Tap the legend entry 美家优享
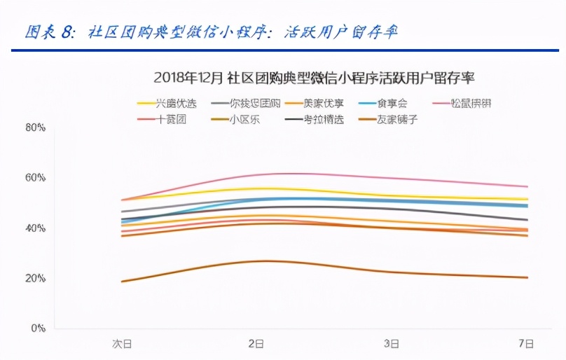[x=323, y=103]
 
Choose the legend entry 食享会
[x=393, y=103]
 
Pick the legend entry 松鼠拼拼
[x=471, y=103]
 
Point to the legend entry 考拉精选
[x=323, y=120]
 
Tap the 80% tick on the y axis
[x=36, y=128]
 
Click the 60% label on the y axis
[x=36, y=178]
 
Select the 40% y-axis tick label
[x=36, y=228]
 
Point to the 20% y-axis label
[x=36, y=278]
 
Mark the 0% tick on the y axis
[x=38, y=328]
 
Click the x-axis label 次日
[x=122, y=344]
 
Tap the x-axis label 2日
[x=256, y=344]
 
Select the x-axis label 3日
[x=392, y=344]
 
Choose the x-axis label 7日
[x=526, y=344]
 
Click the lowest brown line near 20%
[x=266, y=261]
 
